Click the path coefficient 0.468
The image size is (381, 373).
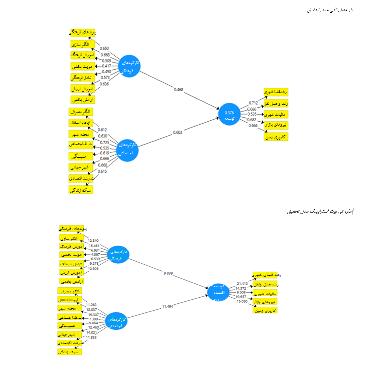click(179, 90)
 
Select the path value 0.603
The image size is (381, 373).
click(178, 132)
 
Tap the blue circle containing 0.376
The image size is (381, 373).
click(229, 114)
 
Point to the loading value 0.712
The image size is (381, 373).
click(253, 103)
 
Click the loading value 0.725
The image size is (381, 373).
click(104, 142)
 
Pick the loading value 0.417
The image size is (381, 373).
click(106, 66)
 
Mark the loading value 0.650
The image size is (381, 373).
click(104, 49)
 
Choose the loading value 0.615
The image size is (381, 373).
click(102, 171)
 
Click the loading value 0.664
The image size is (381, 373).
click(253, 126)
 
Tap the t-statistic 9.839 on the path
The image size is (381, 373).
click(168, 273)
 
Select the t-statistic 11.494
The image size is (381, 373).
click(168, 306)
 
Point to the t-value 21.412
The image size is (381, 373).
click(242, 284)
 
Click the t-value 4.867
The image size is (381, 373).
click(95, 255)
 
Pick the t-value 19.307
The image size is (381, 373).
click(93, 315)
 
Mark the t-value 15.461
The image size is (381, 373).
click(94, 246)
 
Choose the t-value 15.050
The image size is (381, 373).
click(242, 302)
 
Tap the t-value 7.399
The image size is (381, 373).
click(93, 319)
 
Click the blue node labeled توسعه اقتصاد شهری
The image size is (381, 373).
click(218, 292)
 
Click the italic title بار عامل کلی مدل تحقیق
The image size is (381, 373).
click(330, 10)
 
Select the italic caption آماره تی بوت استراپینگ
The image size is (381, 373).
click(320, 212)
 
